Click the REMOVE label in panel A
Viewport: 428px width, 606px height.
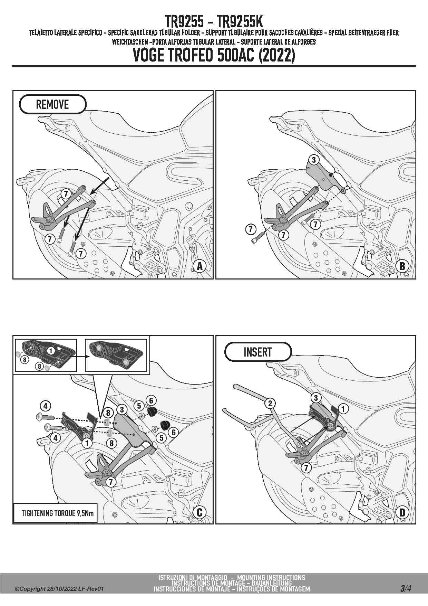click(x=52, y=104)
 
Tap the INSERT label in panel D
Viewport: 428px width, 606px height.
click(x=258, y=352)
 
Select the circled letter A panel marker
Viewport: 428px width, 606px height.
click(x=200, y=266)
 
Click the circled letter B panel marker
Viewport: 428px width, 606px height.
click(x=402, y=266)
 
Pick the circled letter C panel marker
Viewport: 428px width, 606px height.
click(x=200, y=512)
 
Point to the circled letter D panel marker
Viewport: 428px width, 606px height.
click(x=402, y=512)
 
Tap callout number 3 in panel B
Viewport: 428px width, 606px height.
click(x=314, y=160)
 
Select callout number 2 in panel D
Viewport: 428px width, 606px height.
click(x=270, y=403)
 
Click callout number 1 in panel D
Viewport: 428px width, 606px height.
click(x=343, y=409)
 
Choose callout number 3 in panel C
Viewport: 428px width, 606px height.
click(x=122, y=410)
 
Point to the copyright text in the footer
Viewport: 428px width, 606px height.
click(x=59, y=589)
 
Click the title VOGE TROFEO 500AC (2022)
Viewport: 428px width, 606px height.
click(x=214, y=55)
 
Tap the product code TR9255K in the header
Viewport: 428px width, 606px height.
click(x=240, y=22)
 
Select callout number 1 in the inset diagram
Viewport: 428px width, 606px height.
click(x=51, y=351)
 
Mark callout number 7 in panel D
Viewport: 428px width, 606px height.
click(x=306, y=468)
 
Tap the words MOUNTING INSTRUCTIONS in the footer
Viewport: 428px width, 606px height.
click(x=271, y=577)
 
